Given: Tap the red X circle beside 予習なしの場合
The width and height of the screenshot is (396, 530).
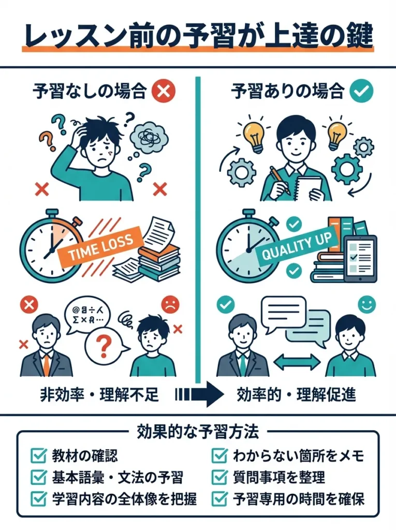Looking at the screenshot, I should [x=165, y=92].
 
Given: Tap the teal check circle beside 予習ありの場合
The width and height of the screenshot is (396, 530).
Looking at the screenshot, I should [x=361, y=92].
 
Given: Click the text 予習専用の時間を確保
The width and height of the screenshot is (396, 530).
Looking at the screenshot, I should [x=299, y=499].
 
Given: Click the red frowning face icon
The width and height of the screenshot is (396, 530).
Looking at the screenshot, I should [x=169, y=304].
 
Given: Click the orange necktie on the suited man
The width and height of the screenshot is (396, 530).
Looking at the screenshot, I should [x=47, y=364].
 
